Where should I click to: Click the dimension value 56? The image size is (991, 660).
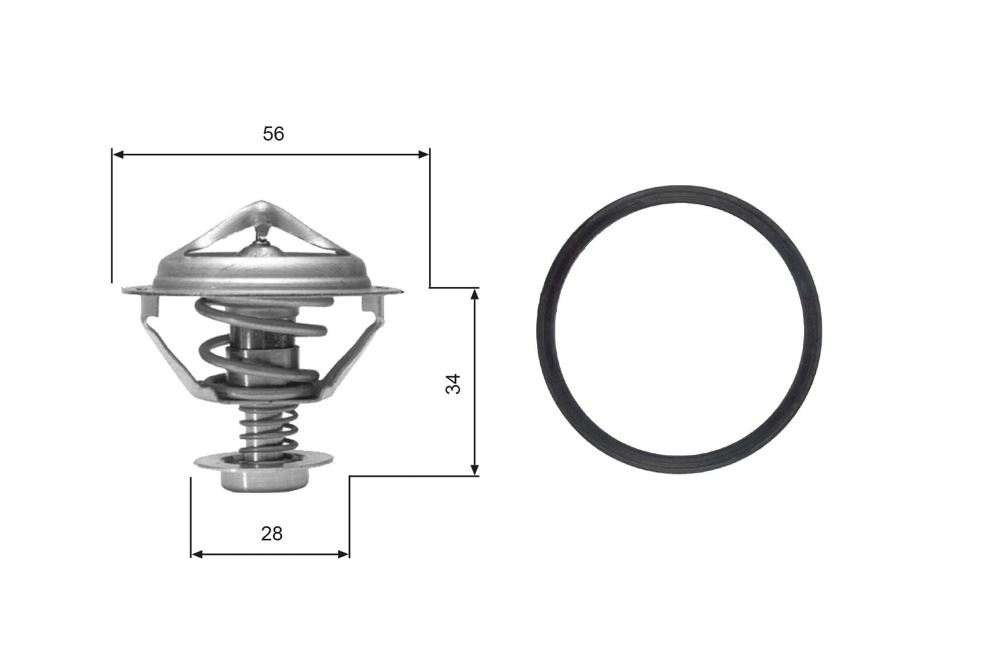coord(273,134)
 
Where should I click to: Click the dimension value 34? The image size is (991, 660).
coord(452,384)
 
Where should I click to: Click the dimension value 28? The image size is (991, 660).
coord(272,534)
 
